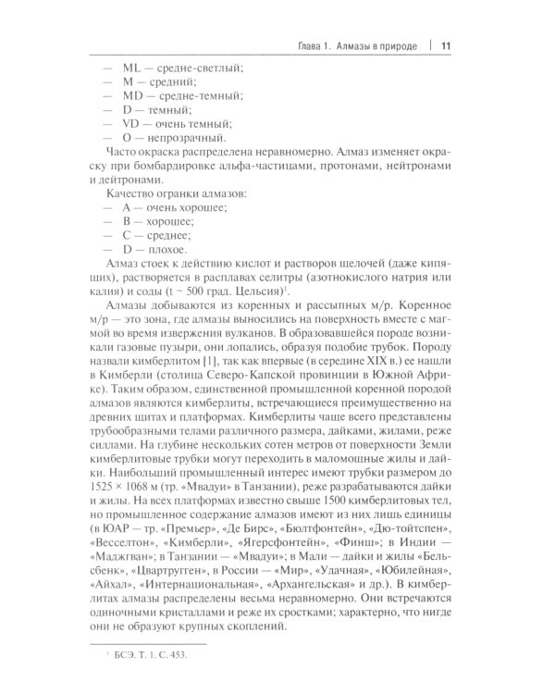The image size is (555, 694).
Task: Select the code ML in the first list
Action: (133, 69)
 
